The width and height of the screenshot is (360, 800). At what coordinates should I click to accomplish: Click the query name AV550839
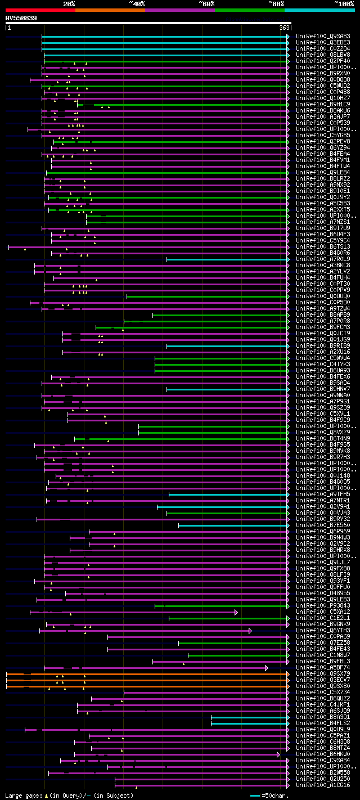tap(21, 18)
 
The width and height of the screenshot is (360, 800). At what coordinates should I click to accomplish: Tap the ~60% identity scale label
tap(206, 3)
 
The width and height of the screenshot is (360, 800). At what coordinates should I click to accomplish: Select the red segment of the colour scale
tap(40, 10)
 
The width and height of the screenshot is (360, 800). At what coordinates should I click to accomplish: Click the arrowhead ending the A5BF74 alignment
tap(267, 668)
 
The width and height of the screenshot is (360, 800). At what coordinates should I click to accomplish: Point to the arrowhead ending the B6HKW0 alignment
tap(278, 754)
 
